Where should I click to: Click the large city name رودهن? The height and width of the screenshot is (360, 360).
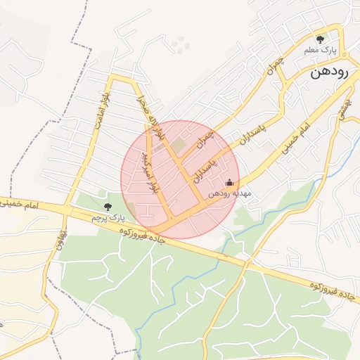(334, 72)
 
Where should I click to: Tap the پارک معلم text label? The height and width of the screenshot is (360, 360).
(321, 51)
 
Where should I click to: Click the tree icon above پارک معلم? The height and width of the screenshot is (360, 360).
(321, 39)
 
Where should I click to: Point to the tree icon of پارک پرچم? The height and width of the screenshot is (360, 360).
(107, 207)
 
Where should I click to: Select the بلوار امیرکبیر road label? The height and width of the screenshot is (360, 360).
(153, 171)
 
